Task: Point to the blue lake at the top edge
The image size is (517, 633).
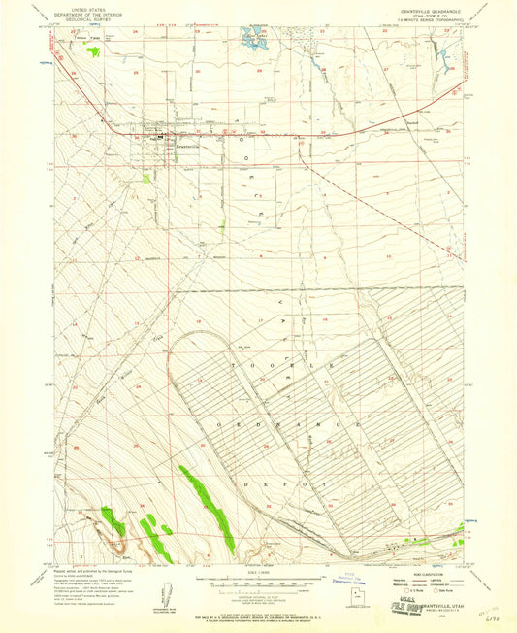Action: (253, 41)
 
